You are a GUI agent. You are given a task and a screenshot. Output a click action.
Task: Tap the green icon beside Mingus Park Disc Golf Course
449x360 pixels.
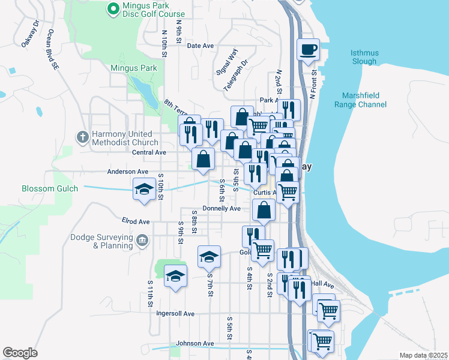[112, 8]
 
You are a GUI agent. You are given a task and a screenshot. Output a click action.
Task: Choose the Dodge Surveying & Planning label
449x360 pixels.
[101, 242]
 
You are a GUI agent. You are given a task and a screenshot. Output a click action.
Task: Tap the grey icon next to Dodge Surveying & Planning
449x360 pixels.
[142, 241]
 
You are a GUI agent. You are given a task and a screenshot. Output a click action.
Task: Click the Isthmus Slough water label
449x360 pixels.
[364, 57]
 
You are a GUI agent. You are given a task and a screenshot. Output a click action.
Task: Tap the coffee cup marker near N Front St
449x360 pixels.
[309, 50]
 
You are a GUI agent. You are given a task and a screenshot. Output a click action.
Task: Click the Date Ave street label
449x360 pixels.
[200, 46]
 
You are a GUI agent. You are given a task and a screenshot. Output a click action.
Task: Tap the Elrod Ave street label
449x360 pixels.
[135, 221]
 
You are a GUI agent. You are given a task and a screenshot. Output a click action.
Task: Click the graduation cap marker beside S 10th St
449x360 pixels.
[144, 190]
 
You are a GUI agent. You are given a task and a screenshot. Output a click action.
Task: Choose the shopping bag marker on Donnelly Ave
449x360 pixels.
[264, 211]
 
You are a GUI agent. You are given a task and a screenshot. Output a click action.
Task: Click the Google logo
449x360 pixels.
[20, 353]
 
